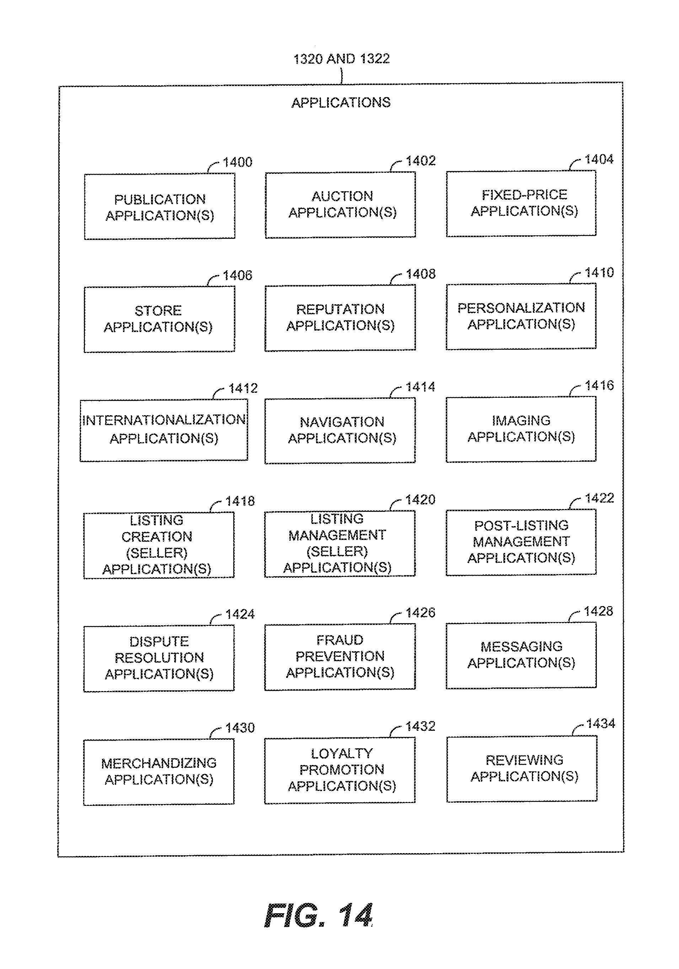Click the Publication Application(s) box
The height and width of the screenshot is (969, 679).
tap(160, 207)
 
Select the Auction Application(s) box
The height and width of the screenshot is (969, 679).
tap(340, 205)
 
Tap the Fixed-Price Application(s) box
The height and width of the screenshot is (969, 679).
tap(521, 203)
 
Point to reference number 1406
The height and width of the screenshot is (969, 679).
tap(237, 275)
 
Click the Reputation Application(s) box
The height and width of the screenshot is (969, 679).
tap(340, 317)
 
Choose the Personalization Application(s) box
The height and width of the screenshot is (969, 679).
tap(521, 316)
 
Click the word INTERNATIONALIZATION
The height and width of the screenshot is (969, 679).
tap(164, 420)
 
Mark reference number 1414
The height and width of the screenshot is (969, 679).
tap(420, 387)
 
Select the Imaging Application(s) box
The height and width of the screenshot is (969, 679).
tap(521, 429)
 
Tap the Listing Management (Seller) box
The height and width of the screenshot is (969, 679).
tap(340, 543)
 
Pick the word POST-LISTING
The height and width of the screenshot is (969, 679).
tap(521, 525)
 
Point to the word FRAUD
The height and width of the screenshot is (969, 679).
tap(340, 640)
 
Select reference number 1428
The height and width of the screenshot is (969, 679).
tap(598, 611)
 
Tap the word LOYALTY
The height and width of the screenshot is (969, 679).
tap(342, 753)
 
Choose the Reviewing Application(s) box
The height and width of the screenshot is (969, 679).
tap(522, 769)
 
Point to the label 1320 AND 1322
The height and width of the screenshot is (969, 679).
tap(341, 59)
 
